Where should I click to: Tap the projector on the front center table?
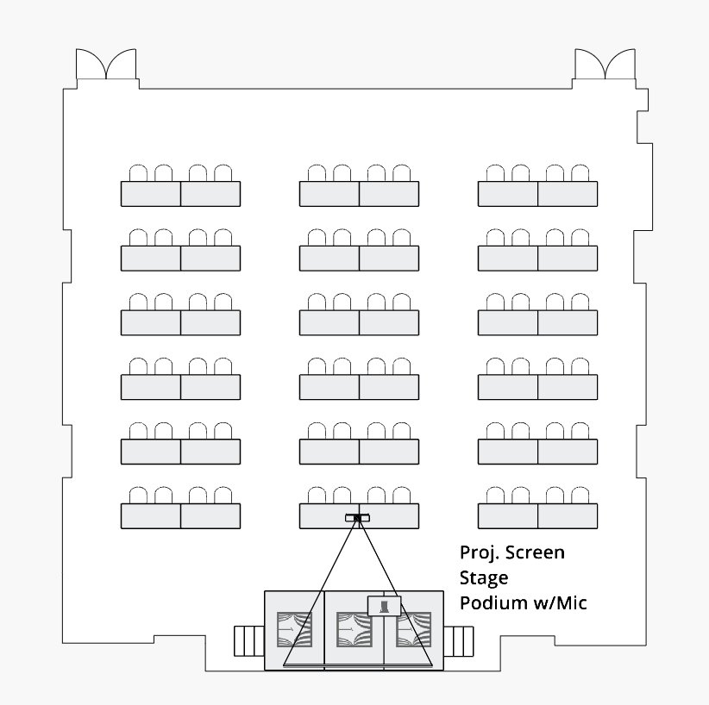click(359, 518)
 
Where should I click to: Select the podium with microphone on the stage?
click(386, 606)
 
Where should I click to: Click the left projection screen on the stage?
click(294, 629)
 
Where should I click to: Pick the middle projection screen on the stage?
click(354, 629)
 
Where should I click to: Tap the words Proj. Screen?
click(512, 552)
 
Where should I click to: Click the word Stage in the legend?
click(484, 577)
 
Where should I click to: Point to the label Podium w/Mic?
click(523, 602)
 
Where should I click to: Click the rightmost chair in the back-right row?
click(581, 173)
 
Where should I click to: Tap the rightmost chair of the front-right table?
click(581, 496)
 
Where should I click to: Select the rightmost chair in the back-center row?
click(402, 173)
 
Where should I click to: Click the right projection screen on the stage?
click(413, 629)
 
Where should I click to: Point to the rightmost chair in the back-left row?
click(223, 173)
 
